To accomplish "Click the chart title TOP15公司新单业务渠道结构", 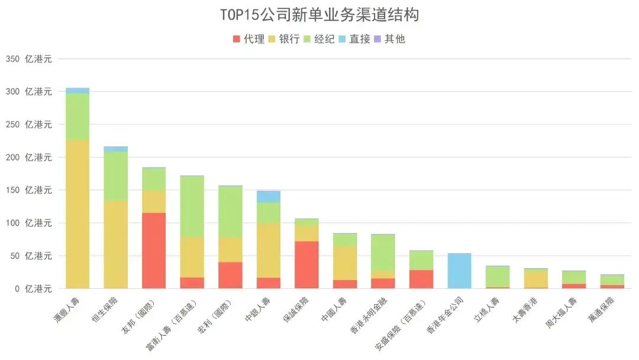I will click(x=319, y=14).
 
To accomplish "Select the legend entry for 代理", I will click(x=248, y=39).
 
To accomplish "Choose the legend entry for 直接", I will click(x=354, y=39).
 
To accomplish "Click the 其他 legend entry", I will click(x=389, y=39).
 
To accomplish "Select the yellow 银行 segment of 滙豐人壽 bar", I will click(x=78, y=213).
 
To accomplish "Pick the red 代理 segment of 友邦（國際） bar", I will click(x=154, y=250).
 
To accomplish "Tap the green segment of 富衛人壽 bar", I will click(x=192, y=206).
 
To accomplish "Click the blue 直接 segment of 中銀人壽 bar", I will click(x=268, y=197).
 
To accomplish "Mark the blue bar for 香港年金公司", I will click(x=459, y=271).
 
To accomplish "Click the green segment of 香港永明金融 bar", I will click(x=383, y=252).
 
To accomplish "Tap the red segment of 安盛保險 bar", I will click(x=421, y=279).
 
